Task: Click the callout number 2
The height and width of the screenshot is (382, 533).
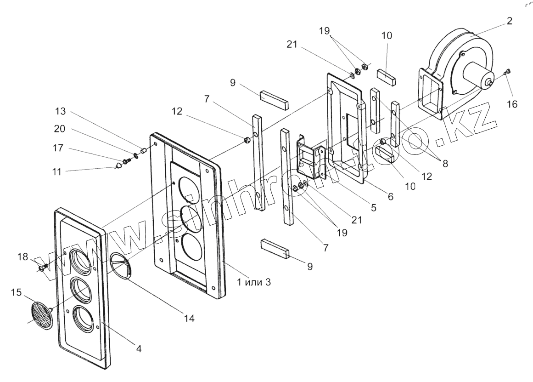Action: pos(510,21)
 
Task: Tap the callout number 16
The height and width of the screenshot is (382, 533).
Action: pos(512,104)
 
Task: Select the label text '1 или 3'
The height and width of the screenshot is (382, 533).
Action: pos(254,282)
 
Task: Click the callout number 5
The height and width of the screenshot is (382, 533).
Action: pos(374,207)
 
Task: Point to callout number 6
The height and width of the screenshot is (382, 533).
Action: pos(390,196)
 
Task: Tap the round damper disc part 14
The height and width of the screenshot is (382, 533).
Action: pos(121,266)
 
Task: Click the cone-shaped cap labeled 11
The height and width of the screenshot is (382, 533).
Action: pos(119,164)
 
